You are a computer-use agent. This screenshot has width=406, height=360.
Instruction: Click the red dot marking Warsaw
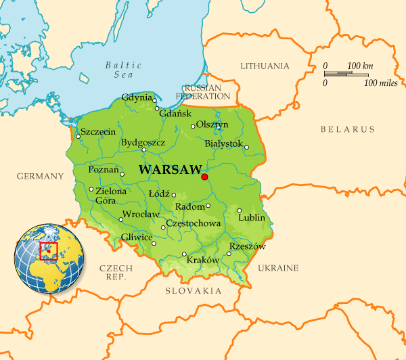(204, 177)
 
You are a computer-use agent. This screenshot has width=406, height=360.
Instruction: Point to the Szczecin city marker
(78, 137)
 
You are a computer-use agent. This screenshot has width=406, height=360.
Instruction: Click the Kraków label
(202, 260)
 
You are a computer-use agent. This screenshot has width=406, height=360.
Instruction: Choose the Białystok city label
(223, 143)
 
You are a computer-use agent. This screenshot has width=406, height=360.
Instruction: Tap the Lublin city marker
(240, 210)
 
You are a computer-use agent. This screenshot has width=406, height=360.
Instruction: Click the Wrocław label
(140, 215)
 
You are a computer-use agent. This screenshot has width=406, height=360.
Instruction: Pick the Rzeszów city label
(248, 246)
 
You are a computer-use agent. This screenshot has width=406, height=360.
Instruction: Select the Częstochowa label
(194, 223)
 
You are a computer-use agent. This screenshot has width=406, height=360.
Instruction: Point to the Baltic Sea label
(123, 70)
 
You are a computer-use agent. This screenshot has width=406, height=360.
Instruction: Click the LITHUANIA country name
(265, 66)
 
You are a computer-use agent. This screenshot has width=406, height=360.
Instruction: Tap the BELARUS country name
(347, 129)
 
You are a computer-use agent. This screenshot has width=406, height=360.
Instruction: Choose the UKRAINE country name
(277, 269)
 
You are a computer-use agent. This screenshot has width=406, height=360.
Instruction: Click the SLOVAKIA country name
(194, 291)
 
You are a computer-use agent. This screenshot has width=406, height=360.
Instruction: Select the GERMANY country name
(40, 176)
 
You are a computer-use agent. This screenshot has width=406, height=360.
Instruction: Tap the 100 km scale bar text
(360, 66)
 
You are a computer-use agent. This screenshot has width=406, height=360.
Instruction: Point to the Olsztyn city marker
(193, 127)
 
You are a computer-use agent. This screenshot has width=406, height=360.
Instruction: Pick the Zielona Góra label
(111, 196)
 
